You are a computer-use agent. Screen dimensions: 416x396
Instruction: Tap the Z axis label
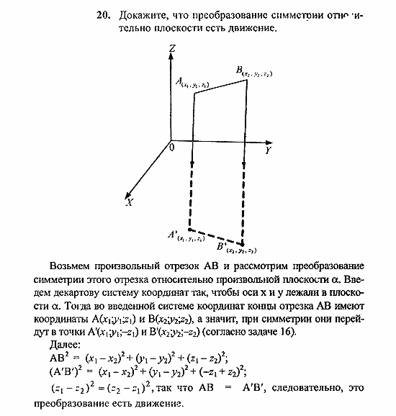point(171,49)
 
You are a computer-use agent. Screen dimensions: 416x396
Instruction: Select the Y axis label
point(267,151)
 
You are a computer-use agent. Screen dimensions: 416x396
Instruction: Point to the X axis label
point(129,202)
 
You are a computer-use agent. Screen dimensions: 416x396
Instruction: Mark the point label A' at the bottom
point(173,234)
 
